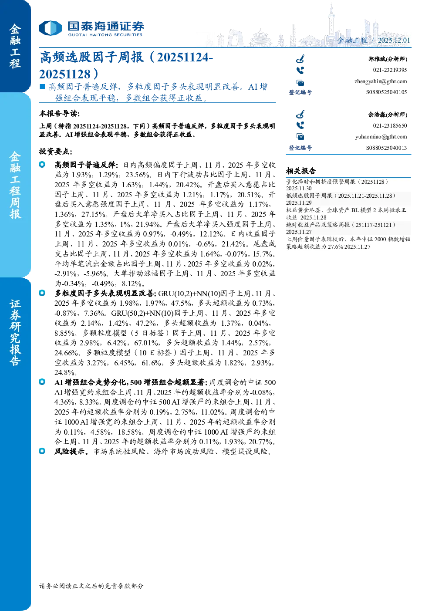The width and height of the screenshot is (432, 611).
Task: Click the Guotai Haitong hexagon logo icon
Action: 51,28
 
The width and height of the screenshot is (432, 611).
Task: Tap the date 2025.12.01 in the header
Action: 394,40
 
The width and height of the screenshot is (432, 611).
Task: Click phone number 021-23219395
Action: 390,70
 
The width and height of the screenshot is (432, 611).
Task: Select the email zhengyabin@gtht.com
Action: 381,81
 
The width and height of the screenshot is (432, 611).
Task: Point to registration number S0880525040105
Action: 386,92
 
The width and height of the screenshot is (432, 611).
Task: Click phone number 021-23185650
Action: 390,125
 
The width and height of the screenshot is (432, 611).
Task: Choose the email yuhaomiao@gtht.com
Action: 381,137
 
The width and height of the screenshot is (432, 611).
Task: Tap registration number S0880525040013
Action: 386,148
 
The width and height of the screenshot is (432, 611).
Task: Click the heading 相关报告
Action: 301,171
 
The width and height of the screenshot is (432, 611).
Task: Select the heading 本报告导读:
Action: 60,113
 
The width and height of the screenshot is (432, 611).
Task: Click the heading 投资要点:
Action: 56,152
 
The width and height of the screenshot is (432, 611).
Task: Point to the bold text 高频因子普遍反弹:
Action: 87,165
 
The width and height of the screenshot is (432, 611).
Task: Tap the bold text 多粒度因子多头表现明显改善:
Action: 105,293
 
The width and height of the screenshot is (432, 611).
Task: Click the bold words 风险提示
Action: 71,452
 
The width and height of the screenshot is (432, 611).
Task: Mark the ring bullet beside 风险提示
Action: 42,451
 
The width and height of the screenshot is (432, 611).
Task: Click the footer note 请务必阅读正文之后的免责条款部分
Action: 91,586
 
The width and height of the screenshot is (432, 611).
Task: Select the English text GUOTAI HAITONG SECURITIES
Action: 105,35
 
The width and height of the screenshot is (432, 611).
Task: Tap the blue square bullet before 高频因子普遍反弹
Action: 42,87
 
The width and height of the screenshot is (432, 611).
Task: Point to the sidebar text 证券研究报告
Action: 15,333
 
